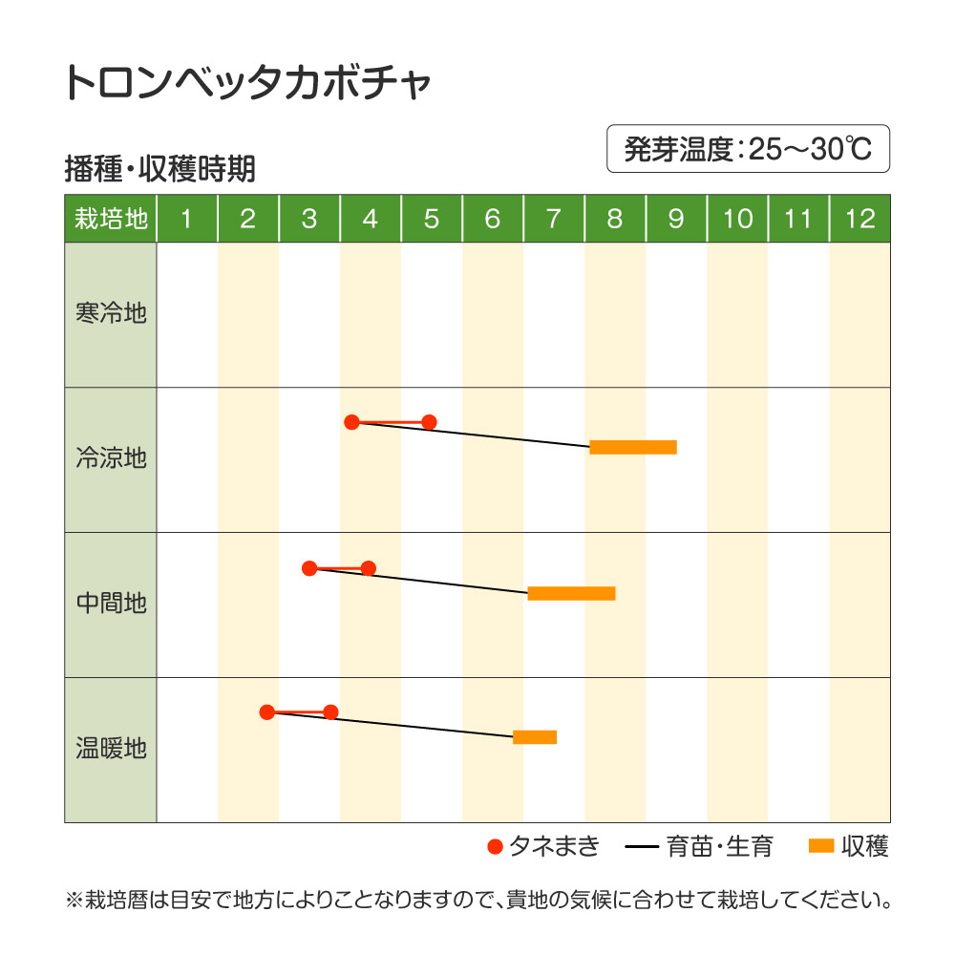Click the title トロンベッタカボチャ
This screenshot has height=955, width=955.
click(x=247, y=85)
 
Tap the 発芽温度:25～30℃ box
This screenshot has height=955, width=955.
click(x=748, y=149)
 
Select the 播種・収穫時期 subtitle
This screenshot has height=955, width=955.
click(x=159, y=170)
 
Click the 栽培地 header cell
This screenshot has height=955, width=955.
click(x=111, y=219)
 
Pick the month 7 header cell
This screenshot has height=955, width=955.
click(x=553, y=219)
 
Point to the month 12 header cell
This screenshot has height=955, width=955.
click(x=859, y=219)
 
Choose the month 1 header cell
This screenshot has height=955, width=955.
click(x=186, y=219)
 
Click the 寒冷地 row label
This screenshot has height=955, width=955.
click(x=111, y=313)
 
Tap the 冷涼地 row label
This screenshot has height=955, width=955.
click(x=111, y=458)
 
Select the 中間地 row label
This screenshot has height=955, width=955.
click(x=111, y=604)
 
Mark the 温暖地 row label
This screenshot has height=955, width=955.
click(x=111, y=749)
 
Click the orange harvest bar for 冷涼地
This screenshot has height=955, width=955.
click(x=633, y=447)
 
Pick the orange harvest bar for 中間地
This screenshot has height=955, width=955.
click(x=571, y=593)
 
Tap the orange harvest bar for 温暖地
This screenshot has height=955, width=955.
click(x=535, y=736)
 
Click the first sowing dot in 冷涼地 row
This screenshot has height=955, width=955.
click(x=351, y=422)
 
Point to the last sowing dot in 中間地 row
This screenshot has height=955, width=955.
click(x=369, y=568)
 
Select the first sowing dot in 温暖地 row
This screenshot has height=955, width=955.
click(x=267, y=711)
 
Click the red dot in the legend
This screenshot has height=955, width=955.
click(x=495, y=846)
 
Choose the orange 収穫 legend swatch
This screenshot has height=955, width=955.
click(x=821, y=845)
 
